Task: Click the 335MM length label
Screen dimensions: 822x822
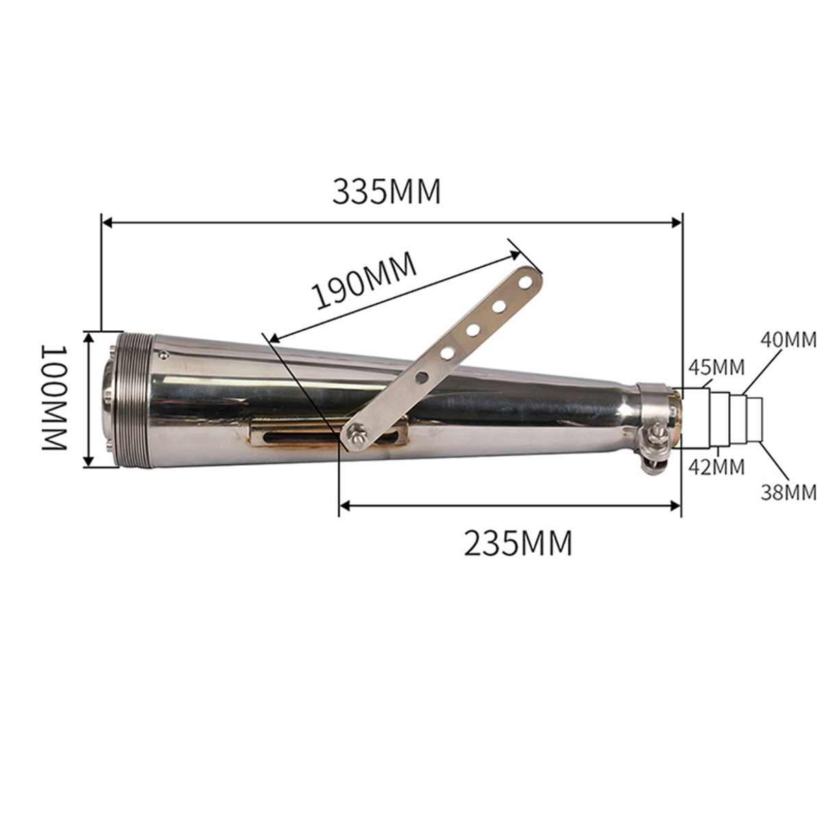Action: (386, 192)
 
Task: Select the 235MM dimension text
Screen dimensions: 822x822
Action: (518, 543)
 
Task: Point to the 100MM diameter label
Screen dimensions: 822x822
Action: (55, 397)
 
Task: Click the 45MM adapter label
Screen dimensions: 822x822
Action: (716, 367)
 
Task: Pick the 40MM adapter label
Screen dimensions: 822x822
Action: (788, 340)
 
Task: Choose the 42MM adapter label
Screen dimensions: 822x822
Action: (716, 467)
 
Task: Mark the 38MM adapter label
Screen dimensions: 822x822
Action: (788, 492)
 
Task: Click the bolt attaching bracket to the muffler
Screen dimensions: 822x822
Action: (356, 433)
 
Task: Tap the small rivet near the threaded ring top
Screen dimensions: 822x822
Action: (164, 354)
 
